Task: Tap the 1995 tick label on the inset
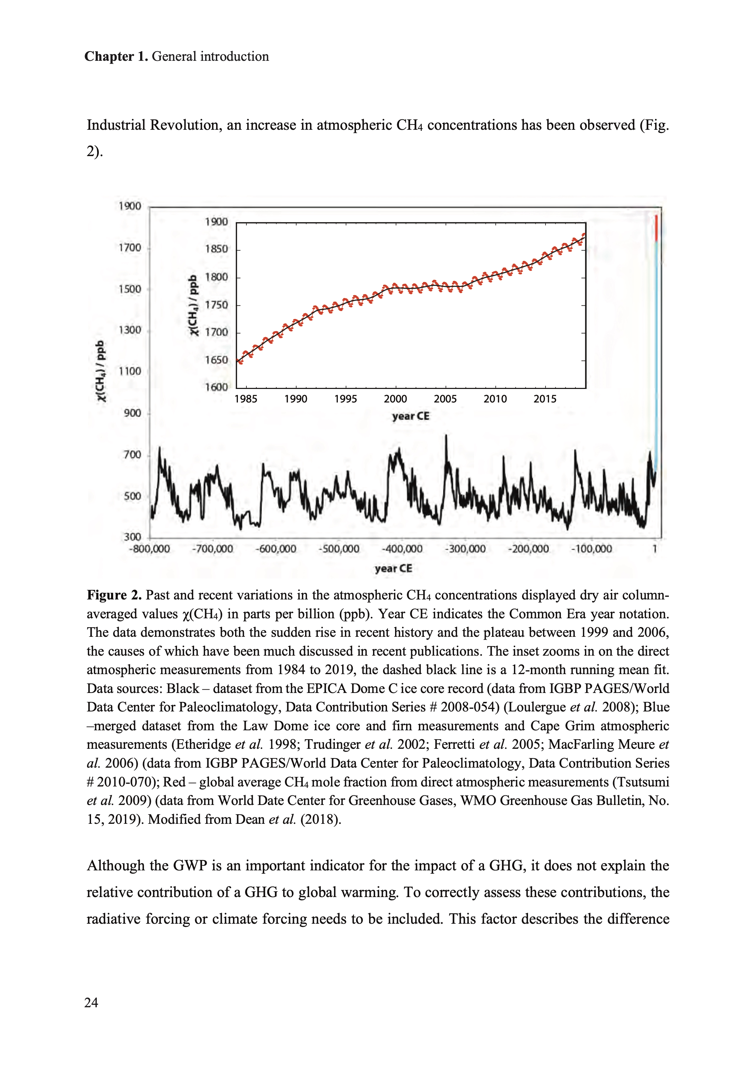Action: click(x=345, y=399)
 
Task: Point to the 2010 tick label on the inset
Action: click(x=495, y=399)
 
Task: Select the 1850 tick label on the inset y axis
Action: click(x=217, y=249)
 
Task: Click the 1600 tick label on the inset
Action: click(x=217, y=387)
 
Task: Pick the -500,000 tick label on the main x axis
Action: click(x=339, y=549)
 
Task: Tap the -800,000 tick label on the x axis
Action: click(x=149, y=549)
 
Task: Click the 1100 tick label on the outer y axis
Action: click(x=129, y=371)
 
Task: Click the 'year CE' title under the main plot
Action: click(x=393, y=568)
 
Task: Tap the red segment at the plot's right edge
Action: click(x=656, y=228)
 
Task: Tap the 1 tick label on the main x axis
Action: click(x=655, y=549)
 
